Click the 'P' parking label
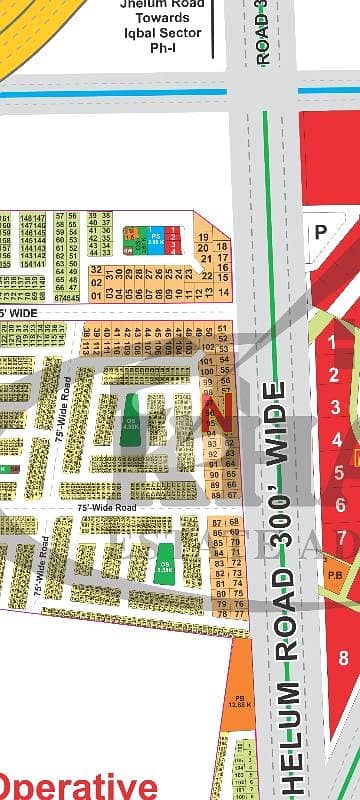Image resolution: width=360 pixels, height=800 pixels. (x=321, y=230)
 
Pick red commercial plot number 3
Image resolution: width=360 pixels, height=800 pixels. (x=337, y=406)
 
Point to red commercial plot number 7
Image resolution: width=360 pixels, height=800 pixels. (x=342, y=539)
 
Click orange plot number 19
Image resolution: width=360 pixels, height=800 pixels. (x=203, y=237)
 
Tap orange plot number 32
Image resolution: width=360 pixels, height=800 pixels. (x=95, y=270)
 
